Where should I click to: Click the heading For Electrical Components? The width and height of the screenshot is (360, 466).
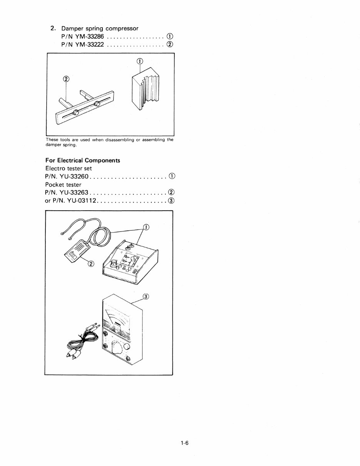pyautogui.click(x=82, y=160)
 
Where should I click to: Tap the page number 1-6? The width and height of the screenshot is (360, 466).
pyautogui.click(x=183, y=443)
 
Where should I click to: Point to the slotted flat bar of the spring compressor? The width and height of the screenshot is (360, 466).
pyautogui.click(x=85, y=109)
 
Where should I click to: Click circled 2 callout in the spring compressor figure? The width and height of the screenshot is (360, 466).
pyautogui.click(x=66, y=79)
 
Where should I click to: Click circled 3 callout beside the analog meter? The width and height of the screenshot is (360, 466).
pyautogui.click(x=146, y=296)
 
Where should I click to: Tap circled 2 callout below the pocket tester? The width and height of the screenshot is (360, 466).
pyautogui.click(x=91, y=264)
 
